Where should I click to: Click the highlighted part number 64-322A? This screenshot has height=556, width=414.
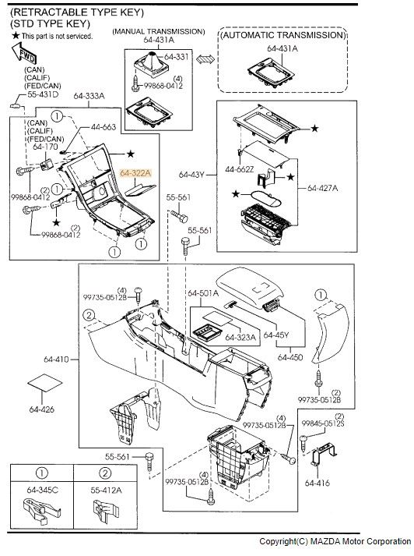pos(135,173)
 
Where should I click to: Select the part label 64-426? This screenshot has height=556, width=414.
pos(42,409)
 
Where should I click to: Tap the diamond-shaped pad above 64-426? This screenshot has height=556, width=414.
pos(45,383)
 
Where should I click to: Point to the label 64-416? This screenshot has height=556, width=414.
pos(317,483)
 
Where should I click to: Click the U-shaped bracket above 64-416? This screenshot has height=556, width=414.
pos(324,453)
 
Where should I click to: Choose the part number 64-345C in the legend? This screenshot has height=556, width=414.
pos(43,490)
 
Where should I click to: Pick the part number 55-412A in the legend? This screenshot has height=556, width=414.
pos(106,490)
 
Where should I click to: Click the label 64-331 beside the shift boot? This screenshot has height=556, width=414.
pos(176,57)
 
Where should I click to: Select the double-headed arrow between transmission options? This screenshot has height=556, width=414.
pos(205,58)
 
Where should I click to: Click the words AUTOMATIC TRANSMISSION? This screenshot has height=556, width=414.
pos(282,35)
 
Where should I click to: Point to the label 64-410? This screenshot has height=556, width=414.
pos(57,359)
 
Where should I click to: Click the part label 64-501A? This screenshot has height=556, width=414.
pos(203,293)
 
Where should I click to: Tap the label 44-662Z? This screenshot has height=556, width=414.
pos(240,169)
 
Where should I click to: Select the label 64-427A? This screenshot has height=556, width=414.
pos(322,188)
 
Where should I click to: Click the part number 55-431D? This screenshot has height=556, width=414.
pos(43,94)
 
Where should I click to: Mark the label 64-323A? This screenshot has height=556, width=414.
pos(240,337)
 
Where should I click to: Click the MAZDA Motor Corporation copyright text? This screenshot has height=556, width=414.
pos(335,541)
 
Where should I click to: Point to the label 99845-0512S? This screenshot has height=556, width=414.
pos(323,423)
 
